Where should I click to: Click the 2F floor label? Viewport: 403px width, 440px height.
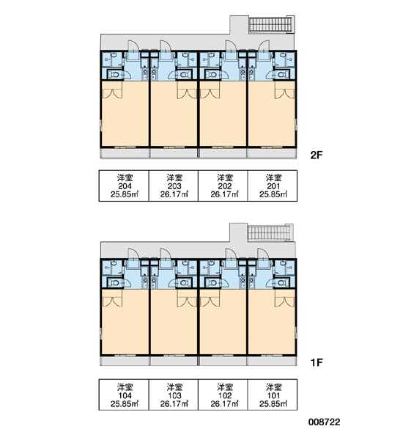[x=317, y=155]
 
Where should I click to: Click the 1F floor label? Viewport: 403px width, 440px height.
[x=317, y=362]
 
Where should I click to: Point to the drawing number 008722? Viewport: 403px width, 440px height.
[x=324, y=422]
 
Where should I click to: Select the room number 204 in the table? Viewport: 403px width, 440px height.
[x=125, y=186]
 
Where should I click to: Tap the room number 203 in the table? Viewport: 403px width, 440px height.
[x=174, y=186]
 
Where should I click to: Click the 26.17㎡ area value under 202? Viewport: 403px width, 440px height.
[x=224, y=194]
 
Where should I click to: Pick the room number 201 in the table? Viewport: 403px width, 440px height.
[x=273, y=186]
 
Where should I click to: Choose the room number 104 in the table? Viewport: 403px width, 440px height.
[x=125, y=395]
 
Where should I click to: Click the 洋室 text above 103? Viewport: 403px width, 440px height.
[x=174, y=387]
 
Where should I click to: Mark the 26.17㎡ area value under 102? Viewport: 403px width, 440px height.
[x=224, y=403]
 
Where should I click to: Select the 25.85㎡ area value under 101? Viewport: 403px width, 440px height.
[x=273, y=403]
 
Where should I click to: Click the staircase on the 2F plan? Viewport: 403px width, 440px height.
[x=271, y=24]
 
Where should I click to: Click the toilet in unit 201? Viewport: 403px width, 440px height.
[x=283, y=75]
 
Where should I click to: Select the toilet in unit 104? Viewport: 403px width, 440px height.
[x=114, y=282]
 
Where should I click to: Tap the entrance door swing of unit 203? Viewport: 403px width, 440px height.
[x=165, y=45]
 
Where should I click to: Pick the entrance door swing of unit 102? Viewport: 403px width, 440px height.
[x=231, y=254]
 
